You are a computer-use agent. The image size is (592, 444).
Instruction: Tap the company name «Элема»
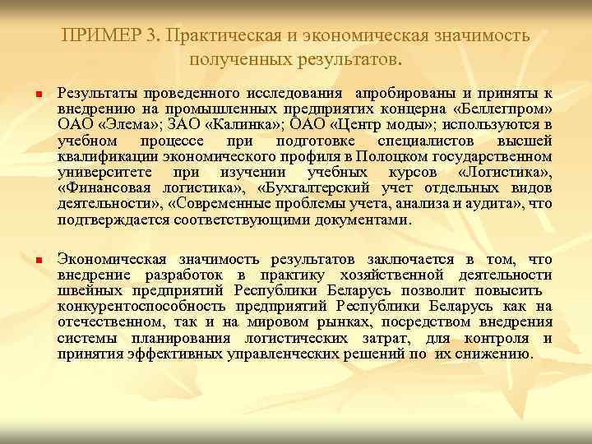(x=123, y=125)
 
